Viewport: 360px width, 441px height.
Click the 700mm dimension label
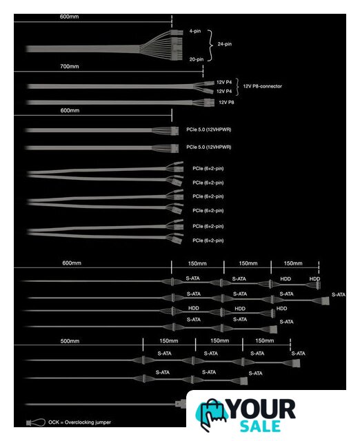click(x=70, y=66)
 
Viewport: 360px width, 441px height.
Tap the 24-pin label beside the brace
click(x=225, y=44)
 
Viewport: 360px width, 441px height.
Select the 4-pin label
click(x=195, y=31)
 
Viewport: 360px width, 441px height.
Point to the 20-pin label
click(x=197, y=59)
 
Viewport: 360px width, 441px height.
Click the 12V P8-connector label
click(x=262, y=86)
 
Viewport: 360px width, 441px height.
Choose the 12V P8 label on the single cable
click(x=226, y=103)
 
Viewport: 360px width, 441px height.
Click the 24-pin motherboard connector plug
click(x=176, y=45)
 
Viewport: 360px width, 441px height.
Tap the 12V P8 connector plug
click(x=208, y=102)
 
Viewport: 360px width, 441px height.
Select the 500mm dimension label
click(x=70, y=341)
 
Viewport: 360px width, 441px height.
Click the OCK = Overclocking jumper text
click(x=80, y=422)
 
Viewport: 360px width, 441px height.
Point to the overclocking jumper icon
click(x=36, y=422)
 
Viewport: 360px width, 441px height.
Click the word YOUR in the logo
click(x=262, y=409)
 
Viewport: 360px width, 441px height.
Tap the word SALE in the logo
click(x=261, y=426)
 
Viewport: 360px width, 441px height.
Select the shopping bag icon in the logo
click(x=212, y=415)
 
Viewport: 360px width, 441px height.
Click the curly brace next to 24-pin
click(x=210, y=45)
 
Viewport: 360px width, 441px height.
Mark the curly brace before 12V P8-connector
click(x=238, y=87)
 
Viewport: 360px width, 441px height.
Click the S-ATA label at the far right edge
click(x=339, y=295)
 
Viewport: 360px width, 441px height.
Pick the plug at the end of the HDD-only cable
click(x=272, y=313)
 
